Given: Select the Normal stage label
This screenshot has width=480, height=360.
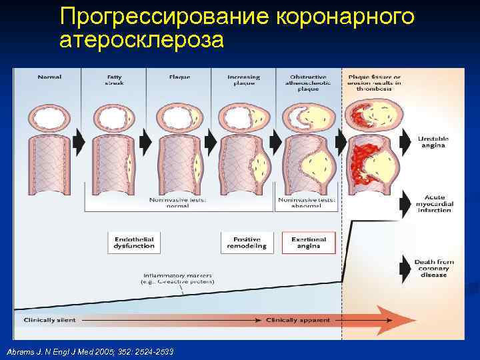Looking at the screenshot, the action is click(x=49, y=77).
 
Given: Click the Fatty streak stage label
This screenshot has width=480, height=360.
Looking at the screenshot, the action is click(x=114, y=80).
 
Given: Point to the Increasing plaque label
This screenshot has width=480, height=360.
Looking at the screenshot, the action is click(x=243, y=80).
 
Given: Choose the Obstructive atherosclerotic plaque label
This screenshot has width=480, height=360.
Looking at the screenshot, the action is click(x=308, y=82).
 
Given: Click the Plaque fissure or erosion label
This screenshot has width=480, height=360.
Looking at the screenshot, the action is click(x=374, y=80).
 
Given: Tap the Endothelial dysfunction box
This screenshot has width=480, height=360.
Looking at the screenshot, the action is click(x=134, y=243).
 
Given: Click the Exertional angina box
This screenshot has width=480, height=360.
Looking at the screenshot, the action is click(x=309, y=243).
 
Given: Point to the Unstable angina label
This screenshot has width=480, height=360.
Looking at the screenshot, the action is click(x=433, y=141).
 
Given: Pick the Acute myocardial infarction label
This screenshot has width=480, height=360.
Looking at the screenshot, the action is click(x=435, y=203).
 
